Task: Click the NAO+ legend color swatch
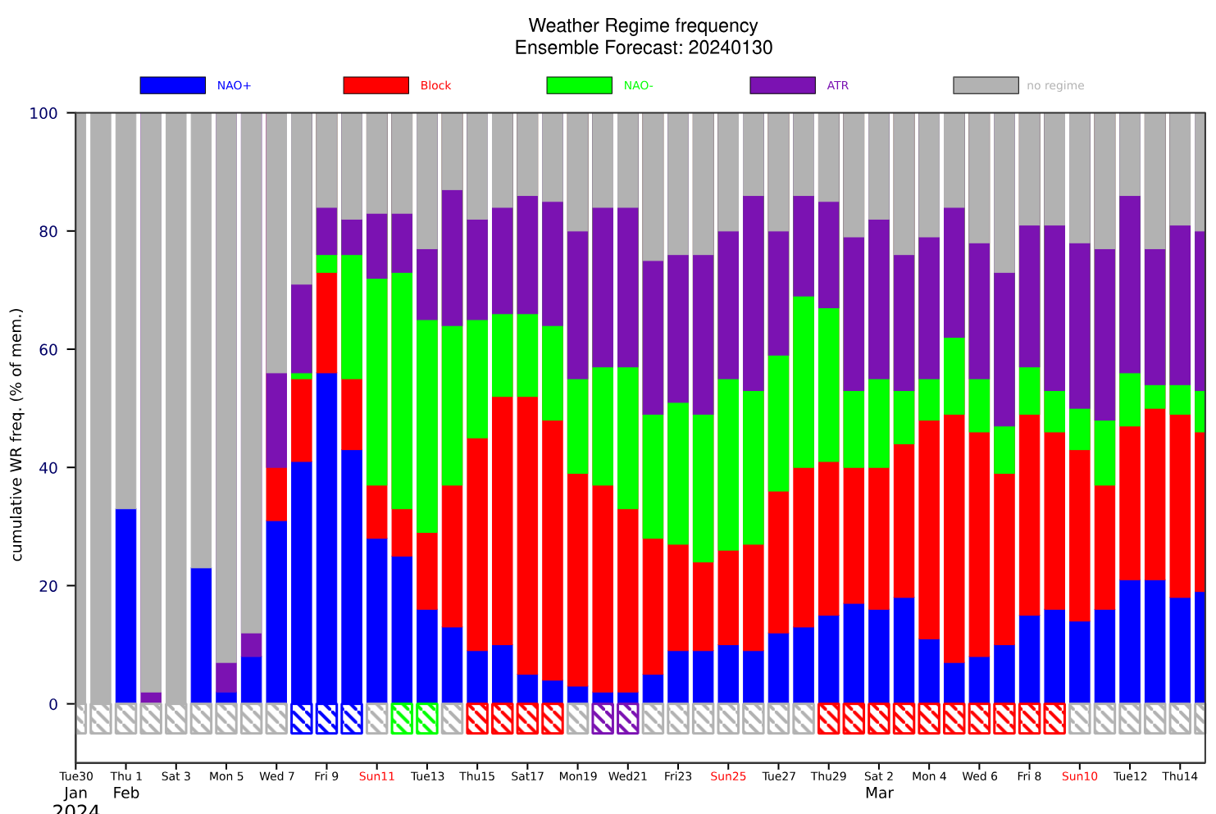[172, 85]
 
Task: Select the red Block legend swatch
[376, 85]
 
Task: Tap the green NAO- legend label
[638, 85]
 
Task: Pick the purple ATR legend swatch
[782, 85]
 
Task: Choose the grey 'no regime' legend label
[1055, 85]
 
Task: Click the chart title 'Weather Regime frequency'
[643, 26]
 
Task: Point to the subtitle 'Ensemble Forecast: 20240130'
[643, 48]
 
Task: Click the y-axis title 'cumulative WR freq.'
[17, 434]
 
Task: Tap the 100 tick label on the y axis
[43, 113]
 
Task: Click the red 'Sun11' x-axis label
[377, 776]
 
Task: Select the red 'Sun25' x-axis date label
[728, 776]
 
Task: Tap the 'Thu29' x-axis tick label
[828, 776]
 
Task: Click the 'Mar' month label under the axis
[879, 793]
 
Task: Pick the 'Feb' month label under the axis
[126, 793]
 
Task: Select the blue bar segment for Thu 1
[126, 607]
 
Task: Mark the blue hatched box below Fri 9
[326, 718]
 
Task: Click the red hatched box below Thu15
[477, 718]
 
